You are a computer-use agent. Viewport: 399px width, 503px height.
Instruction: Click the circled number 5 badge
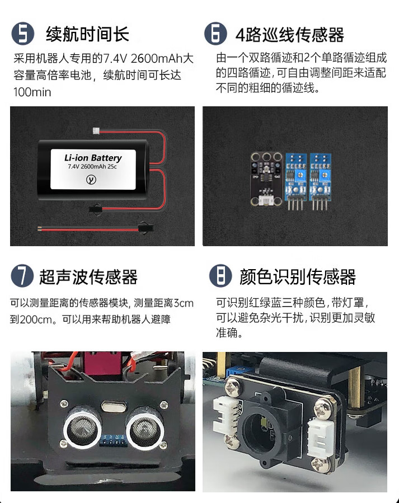click(23, 34)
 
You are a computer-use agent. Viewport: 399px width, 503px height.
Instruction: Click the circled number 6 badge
click(215, 34)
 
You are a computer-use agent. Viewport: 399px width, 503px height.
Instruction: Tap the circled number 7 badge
click(22, 276)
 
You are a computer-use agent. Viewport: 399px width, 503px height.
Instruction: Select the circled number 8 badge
click(220, 276)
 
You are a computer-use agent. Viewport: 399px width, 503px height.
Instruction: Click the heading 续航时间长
click(87, 34)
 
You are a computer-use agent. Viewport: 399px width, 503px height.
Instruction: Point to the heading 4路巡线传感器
click(290, 35)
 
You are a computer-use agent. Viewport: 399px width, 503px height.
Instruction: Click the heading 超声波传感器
click(88, 277)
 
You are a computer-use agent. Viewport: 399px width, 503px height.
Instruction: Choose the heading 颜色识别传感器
click(298, 277)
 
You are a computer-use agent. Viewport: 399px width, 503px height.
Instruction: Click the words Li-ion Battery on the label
click(93, 158)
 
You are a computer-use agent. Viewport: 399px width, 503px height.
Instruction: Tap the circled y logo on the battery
click(91, 180)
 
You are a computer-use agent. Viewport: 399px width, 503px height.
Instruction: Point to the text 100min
click(32, 92)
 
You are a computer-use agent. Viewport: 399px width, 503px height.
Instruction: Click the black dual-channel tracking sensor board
click(266, 179)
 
